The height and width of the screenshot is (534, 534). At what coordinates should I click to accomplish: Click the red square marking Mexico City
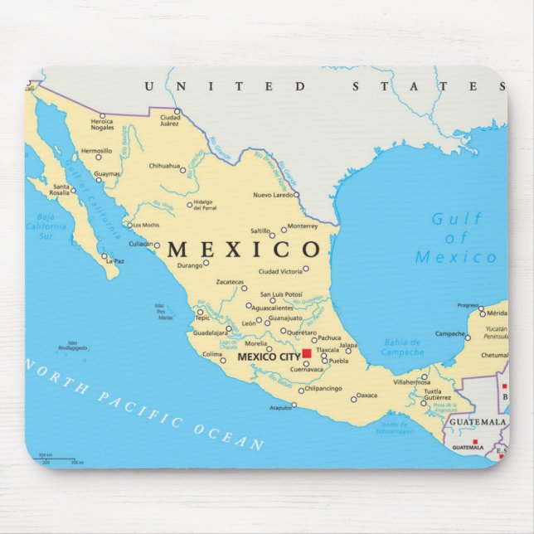click(x=307, y=353)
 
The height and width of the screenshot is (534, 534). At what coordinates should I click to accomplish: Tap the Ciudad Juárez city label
click(x=170, y=120)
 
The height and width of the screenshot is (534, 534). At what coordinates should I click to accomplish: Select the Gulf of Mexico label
click(x=456, y=238)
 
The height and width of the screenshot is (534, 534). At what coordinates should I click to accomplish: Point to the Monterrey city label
click(x=303, y=226)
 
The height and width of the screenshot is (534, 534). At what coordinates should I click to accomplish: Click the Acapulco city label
click(x=280, y=407)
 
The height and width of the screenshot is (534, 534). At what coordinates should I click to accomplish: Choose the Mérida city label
click(x=497, y=313)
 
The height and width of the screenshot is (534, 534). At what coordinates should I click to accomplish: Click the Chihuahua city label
click(x=164, y=166)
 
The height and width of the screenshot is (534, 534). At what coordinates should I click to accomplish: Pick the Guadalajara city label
click(x=211, y=331)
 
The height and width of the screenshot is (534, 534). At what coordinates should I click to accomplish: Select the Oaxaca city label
click(x=367, y=396)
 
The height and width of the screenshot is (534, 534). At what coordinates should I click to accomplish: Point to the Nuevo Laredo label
click(x=274, y=195)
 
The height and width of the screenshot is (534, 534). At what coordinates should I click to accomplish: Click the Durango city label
click(x=189, y=266)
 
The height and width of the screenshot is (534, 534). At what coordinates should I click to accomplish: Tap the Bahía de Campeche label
click(x=403, y=347)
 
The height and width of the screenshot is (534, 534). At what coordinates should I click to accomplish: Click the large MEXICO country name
click(x=244, y=249)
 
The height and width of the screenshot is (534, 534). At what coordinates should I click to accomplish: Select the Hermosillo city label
click(x=95, y=151)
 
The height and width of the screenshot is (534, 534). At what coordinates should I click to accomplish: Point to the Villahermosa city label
click(x=412, y=382)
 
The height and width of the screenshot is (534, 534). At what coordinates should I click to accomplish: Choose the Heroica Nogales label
click(x=103, y=124)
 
